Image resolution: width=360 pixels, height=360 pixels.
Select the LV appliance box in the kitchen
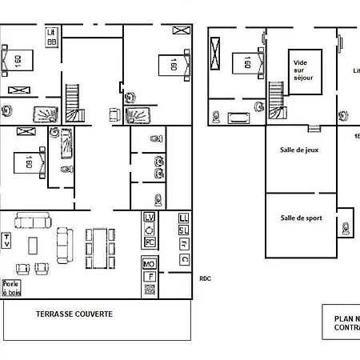150,218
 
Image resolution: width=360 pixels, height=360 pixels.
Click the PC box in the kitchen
150,242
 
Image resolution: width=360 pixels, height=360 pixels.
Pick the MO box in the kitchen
149,264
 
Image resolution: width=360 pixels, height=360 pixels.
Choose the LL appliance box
184,218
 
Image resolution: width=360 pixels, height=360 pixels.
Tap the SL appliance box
184,230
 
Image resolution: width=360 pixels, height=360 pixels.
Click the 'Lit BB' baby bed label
52,37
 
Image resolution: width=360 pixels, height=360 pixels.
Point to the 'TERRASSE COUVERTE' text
74,314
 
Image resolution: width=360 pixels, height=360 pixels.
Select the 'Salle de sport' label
302,217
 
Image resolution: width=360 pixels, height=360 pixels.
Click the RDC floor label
206,278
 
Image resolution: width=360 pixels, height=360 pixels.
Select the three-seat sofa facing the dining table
65,245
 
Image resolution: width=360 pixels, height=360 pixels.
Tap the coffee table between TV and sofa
34,245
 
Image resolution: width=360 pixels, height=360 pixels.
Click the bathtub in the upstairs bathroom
239,119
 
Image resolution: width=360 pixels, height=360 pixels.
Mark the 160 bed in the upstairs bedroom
244,64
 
